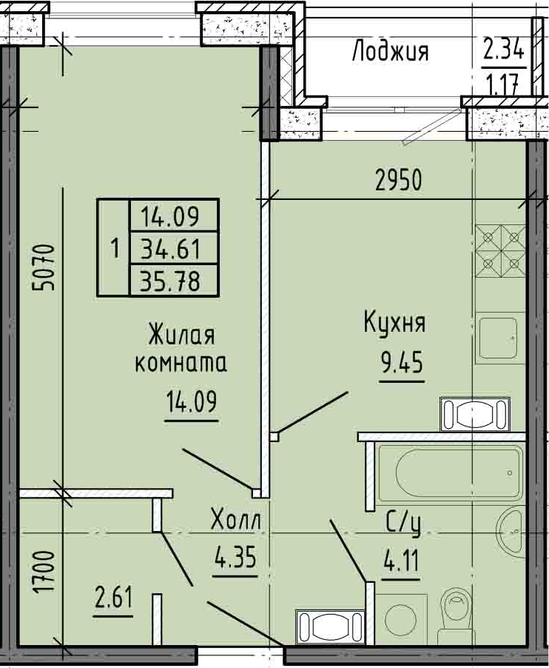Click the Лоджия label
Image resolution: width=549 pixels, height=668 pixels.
tap(390, 51)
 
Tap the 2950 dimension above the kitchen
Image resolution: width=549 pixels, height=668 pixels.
tap(399, 180)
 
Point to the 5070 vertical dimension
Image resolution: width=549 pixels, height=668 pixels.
tap(44, 267)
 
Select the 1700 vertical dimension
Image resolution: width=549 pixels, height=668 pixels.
tap(44, 571)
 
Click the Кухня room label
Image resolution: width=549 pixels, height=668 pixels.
tap(394, 322)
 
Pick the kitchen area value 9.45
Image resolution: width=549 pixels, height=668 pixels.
tap(402, 364)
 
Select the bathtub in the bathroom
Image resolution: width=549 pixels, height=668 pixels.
tap(450, 472)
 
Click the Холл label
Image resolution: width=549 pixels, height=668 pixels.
tap(236, 520)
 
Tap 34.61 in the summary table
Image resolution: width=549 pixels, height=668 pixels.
tap(171, 249)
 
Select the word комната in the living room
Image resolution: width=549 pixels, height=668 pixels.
tap(181, 364)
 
